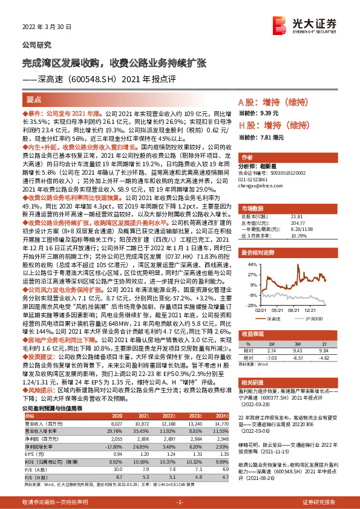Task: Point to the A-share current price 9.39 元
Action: [267, 113]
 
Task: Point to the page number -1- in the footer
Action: [179, 502]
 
